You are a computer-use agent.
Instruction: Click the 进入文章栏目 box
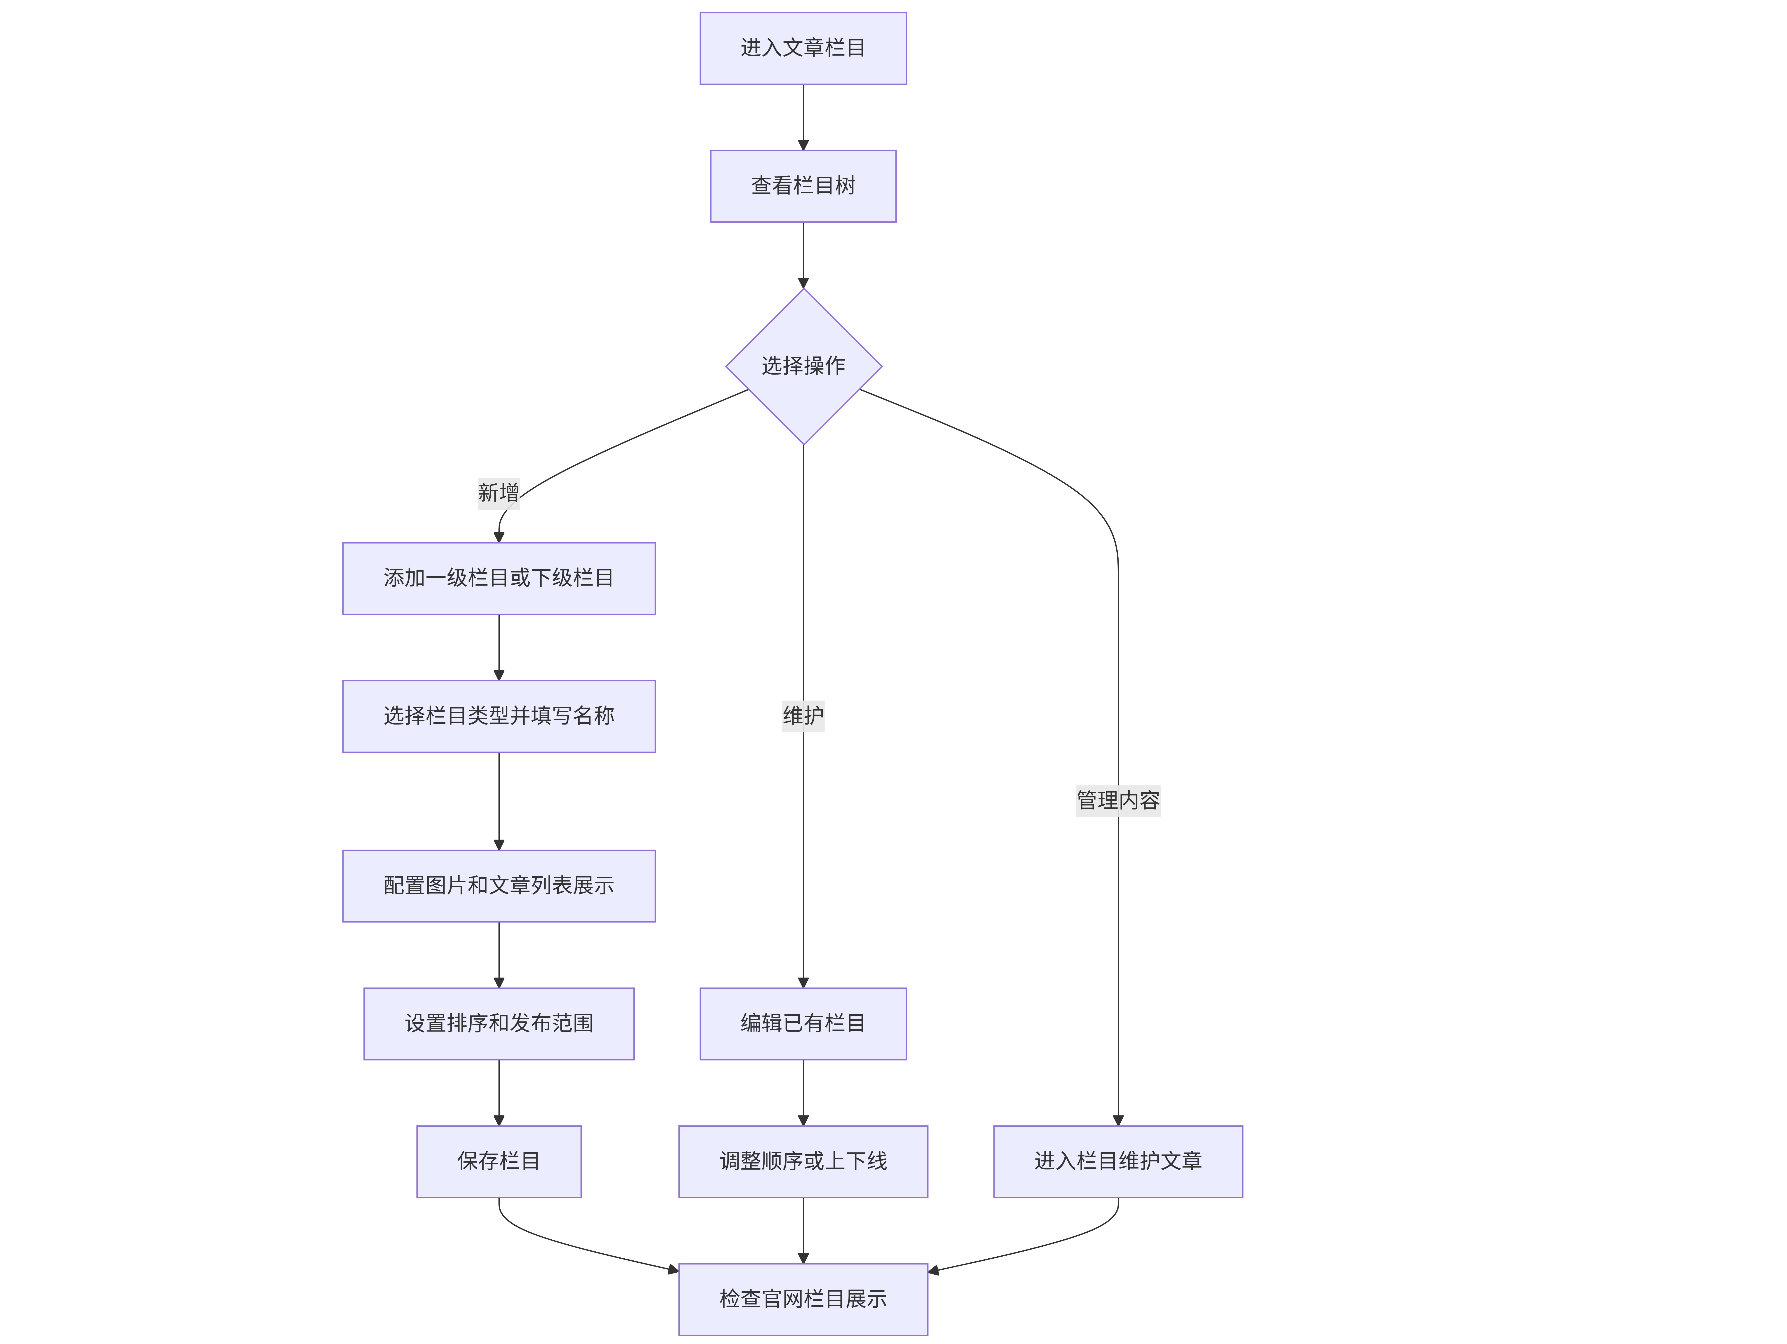tap(803, 49)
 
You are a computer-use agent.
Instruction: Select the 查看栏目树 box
tap(803, 186)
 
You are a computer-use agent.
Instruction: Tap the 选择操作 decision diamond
tap(803, 366)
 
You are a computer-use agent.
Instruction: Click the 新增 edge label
tap(499, 492)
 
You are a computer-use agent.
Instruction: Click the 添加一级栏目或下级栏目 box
tap(499, 579)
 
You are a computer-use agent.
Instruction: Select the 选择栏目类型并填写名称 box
tap(499, 716)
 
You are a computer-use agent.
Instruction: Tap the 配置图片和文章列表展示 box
tap(499, 886)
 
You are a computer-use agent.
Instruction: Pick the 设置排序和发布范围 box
tap(499, 1024)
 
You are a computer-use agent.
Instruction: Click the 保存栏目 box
tap(499, 1161)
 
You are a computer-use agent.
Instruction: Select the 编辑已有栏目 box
tap(803, 1024)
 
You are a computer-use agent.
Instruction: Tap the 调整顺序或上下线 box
tap(803, 1161)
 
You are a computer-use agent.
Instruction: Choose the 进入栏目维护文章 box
tap(1118, 1161)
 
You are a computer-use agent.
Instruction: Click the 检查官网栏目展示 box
tap(803, 1299)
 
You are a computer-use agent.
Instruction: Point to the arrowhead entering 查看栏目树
tap(803, 145)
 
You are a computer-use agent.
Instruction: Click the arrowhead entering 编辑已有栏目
tap(803, 983)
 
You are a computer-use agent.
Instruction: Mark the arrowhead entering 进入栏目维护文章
tap(1118, 1120)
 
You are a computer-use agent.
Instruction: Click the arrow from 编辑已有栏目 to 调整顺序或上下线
tap(803, 1093)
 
